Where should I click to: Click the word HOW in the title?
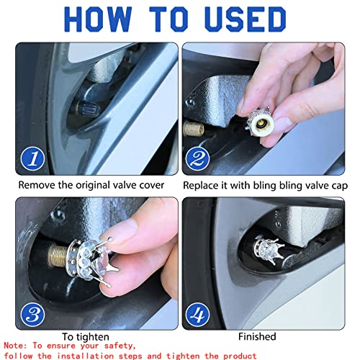98,19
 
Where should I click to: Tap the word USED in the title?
245,19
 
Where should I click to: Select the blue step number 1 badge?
32,158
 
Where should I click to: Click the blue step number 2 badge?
197,158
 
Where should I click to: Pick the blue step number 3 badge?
32,315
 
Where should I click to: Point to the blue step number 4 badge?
197,315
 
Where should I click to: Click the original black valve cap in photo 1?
88,110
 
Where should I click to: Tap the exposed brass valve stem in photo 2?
194,129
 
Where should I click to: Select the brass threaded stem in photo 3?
58,255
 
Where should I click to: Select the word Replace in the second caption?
200,186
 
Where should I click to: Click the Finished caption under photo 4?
257,336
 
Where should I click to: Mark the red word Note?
15,346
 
